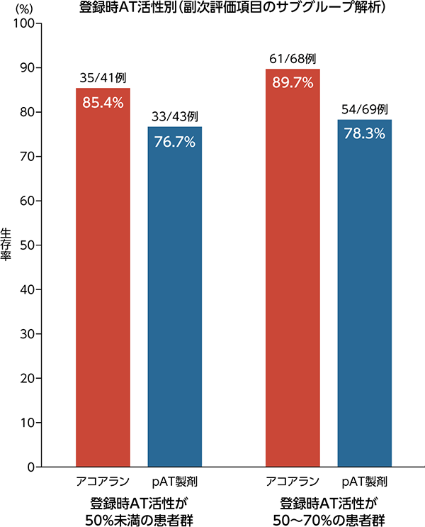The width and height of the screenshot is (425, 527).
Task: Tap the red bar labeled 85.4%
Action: [103, 284]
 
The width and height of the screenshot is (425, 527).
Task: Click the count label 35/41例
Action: [103, 78]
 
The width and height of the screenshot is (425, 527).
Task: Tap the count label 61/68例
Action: [293, 59]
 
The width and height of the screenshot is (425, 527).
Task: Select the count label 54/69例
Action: [364, 110]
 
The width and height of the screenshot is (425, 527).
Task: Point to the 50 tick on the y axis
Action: [28, 245]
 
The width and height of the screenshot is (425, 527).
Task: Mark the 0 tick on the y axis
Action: [33, 467]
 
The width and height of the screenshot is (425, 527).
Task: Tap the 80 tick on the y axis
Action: [28, 112]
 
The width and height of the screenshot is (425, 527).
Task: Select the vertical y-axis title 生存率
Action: [6, 245]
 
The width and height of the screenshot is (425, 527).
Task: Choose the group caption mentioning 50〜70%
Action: [328, 511]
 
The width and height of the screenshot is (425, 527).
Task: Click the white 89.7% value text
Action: [293, 83]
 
